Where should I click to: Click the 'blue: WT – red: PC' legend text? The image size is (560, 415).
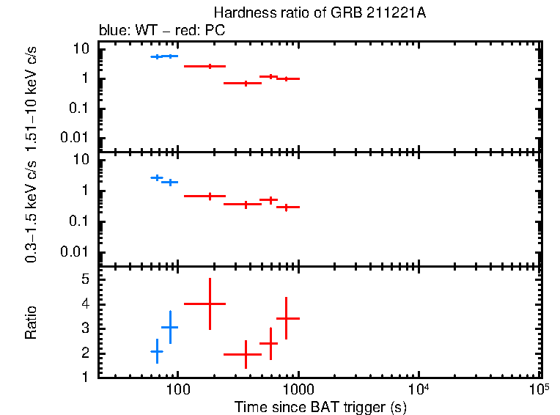tap(162, 31)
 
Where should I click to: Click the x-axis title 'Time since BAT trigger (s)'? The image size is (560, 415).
tap(320, 406)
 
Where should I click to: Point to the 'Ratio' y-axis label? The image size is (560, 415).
tap(31, 323)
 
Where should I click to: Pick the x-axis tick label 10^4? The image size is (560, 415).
tap(419, 389)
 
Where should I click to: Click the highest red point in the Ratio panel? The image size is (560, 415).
tap(210, 304)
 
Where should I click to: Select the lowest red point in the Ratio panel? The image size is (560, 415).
tap(246, 354)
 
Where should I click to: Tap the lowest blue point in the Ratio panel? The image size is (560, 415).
tap(156, 352)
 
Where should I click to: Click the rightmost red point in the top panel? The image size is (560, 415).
tap(287, 78)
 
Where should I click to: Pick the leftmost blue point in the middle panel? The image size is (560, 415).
tap(156, 177)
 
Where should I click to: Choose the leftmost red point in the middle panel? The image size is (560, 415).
tap(210, 196)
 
